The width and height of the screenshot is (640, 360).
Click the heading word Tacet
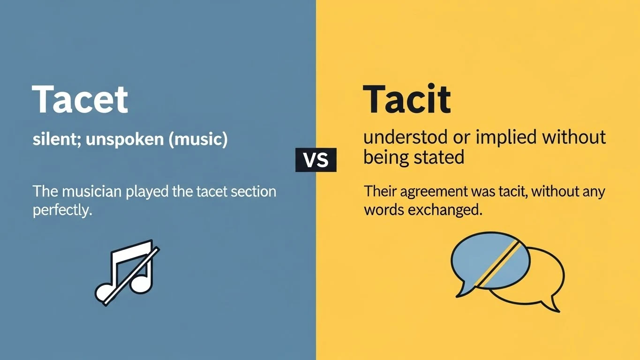point(80,99)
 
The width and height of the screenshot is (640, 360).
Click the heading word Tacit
point(407,99)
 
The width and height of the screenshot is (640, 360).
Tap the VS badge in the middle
point(316,160)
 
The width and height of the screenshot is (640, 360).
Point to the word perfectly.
point(61,210)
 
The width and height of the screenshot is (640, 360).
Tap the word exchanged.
point(445,210)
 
